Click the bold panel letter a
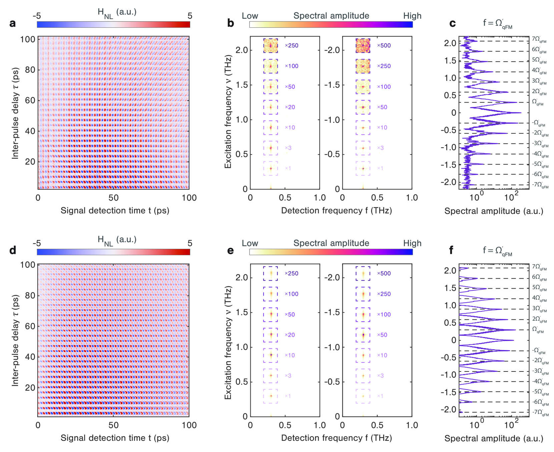(x=13, y=23)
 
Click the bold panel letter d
(x=13, y=250)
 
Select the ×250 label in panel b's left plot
(x=291, y=45)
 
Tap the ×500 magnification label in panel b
(x=384, y=45)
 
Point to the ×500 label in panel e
(x=384, y=273)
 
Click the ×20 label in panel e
(x=290, y=335)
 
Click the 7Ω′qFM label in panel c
(x=539, y=39)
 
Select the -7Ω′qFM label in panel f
(x=540, y=413)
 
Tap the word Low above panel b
(x=250, y=16)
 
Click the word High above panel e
(x=412, y=243)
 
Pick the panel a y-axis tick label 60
(x=30, y=100)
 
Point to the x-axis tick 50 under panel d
(x=113, y=425)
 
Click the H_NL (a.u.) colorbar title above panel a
(x=117, y=13)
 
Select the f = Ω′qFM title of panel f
(x=497, y=251)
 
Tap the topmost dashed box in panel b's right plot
(x=363, y=45)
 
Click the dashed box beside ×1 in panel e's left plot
(x=270, y=396)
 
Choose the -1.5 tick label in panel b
(x=332, y=85)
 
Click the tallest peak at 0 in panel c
(x=520, y=113)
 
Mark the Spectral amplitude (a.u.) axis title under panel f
(x=494, y=438)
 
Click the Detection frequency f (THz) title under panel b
(x=336, y=210)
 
